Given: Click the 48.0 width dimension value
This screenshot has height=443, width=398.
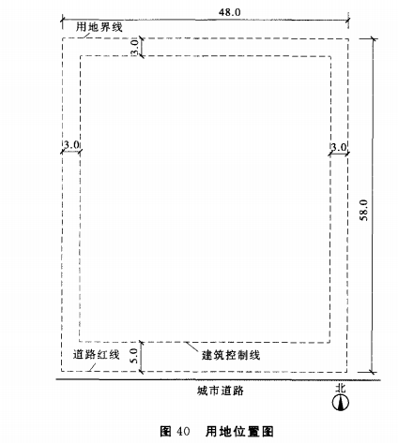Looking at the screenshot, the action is point(230,12).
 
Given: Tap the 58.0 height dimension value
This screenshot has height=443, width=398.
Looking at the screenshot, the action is point(364,211).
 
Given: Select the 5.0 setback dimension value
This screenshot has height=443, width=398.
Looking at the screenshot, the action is point(133,356).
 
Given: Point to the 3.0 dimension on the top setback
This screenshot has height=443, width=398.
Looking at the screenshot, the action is point(134,47).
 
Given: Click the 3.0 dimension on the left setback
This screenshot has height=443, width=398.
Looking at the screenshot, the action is point(71,145).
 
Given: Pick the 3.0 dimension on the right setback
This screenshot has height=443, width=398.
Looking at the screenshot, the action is point(339,147).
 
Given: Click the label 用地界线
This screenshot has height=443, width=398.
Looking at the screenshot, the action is point(99,27).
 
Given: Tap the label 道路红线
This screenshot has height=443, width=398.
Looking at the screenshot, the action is point(97,355).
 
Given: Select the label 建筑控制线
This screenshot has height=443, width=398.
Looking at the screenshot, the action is point(231,355).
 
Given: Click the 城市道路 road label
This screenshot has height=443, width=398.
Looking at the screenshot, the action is point(221,391).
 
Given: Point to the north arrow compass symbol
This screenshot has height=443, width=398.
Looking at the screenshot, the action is point(341,402).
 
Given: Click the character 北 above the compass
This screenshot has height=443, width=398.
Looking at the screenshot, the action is point(341,388).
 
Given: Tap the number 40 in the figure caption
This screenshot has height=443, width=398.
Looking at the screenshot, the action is point(183,432).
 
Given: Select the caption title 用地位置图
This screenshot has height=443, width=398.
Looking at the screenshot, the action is point(239,432).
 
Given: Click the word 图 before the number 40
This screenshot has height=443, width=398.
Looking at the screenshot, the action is point(165,432).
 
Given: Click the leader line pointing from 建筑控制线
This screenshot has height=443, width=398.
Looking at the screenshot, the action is point(191,347).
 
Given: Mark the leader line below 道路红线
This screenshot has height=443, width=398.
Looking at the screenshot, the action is point(91,367).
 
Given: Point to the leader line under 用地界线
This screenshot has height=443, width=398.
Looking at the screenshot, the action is point(84,35).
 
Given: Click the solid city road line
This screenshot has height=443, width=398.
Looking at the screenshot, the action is point(219,380).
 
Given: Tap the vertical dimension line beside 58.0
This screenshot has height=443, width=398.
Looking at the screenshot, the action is point(373,206).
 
